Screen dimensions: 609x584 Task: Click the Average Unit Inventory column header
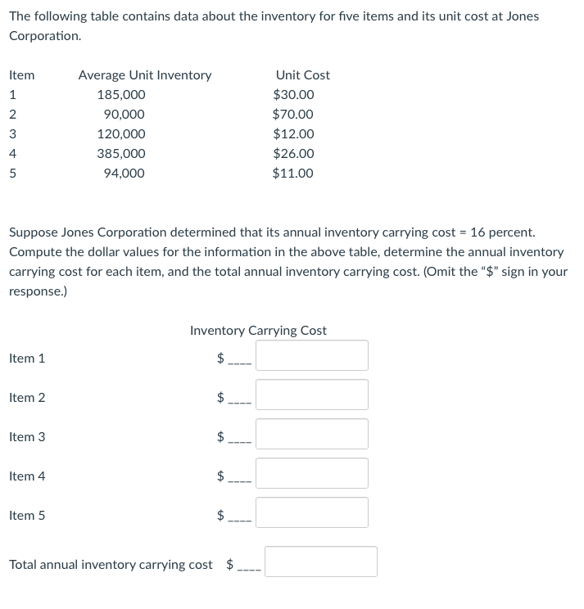click(x=145, y=75)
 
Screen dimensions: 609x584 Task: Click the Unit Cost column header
click(x=303, y=75)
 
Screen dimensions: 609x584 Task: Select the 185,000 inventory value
click(x=121, y=95)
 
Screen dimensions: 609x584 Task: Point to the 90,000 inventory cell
click(x=124, y=115)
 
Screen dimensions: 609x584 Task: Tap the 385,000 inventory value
click(x=121, y=154)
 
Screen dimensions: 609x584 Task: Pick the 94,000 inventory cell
click(x=124, y=174)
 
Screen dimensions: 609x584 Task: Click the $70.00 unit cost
click(x=293, y=115)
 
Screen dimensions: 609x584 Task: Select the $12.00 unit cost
click(x=293, y=134)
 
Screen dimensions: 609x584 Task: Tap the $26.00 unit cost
click(x=293, y=154)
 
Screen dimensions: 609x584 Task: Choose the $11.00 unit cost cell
click(x=293, y=174)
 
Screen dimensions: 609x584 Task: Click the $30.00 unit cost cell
click(x=293, y=95)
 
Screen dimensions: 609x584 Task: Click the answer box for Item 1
click(x=312, y=355)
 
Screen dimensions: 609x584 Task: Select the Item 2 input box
click(x=312, y=395)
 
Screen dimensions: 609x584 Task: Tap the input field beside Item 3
click(x=312, y=434)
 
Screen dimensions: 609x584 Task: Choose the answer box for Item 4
click(x=312, y=473)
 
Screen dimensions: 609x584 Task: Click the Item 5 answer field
click(x=312, y=512)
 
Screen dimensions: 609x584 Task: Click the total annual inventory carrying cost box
click(x=321, y=562)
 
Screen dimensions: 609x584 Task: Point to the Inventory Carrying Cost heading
click(x=258, y=331)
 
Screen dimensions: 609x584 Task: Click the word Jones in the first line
click(x=521, y=16)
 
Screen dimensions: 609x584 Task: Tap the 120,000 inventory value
click(x=121, y=134)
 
